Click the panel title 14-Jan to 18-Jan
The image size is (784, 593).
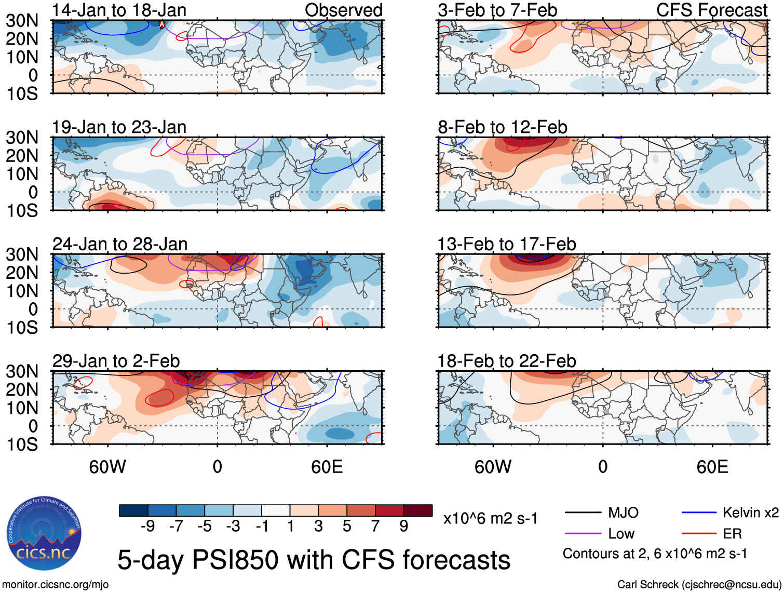pos(119,10)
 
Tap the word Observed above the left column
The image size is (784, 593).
pos(343,10)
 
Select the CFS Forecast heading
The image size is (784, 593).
pos(711,10)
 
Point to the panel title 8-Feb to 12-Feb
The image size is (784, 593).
pos(502,127)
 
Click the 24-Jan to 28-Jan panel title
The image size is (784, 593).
pos(119,244)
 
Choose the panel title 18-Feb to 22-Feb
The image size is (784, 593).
pos(506,361)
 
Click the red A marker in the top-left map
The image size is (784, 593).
pos(161,24)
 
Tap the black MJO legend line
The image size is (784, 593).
pos(583,513)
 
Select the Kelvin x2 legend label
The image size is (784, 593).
pos(750,513)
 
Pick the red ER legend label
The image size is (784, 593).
pos(732,534)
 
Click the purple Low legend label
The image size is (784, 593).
pos(621,534)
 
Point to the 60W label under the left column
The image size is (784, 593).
pos(107,467)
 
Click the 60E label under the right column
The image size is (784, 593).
pos(712,467)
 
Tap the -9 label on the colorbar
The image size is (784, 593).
pos(148,527)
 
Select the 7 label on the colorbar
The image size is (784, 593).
pos(375,527)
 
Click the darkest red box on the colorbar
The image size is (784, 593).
pos(418,510)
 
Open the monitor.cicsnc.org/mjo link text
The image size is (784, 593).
pos(56,585)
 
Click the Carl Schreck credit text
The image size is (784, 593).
pos(699,585)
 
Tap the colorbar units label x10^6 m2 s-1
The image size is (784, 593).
pos(490,518)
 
